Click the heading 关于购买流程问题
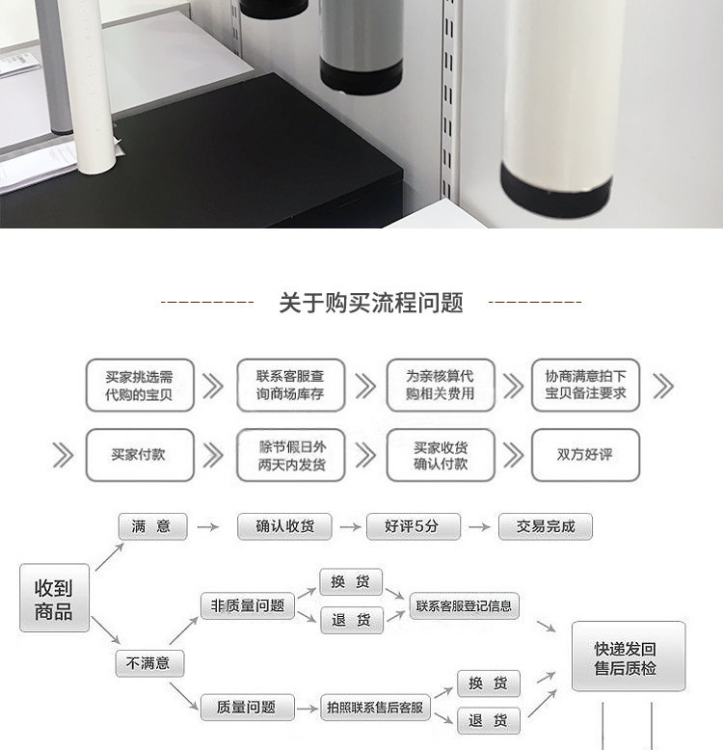click(370, 303)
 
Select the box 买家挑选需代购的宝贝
click(140, 386)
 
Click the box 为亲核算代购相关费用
click(440, 386)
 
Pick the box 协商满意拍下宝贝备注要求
click(585, 386)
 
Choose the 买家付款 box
click(140, 454)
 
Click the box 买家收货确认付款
click(440, 454)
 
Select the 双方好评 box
click(585, 454)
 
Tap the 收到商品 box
click(54, 599)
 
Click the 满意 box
click(150, 526)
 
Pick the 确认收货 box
click(284, 526)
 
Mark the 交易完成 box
click(546, 526)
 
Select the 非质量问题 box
click(247, 605)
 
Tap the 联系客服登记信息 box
click(465, 606)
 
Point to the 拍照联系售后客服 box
click(374, 709)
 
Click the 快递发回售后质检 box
click(628, 657)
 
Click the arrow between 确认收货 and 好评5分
click(349, 527)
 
